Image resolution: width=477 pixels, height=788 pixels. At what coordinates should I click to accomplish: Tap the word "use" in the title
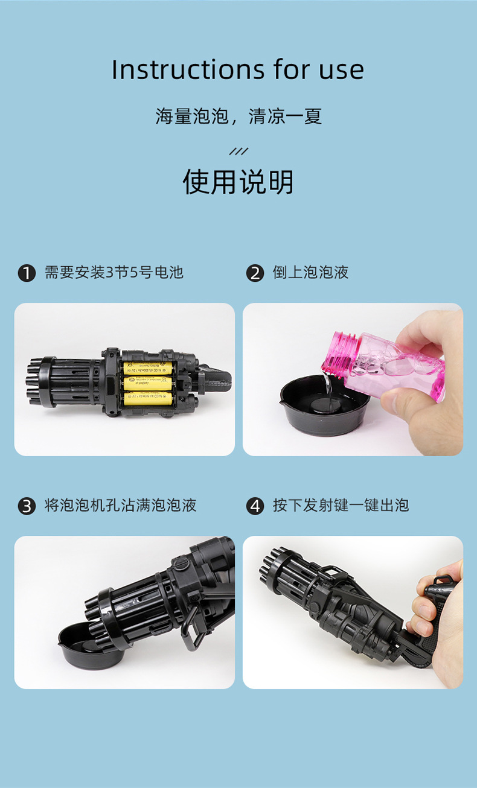(x=342, y=69)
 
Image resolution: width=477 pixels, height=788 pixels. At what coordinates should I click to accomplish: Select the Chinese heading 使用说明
(x=238, y=182)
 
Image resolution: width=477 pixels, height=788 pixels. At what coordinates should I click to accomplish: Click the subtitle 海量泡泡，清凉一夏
(x=238, y=116)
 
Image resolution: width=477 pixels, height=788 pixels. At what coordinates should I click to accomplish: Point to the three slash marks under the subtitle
(x=238, y=151)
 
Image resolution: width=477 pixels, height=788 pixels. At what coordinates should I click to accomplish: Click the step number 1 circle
(x=27, y=273)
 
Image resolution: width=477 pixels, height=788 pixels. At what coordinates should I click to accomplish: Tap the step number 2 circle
(x=255, y=273)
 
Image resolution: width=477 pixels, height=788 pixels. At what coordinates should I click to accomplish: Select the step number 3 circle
(x=27, y=506)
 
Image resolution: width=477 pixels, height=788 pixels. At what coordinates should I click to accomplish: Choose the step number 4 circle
(x=255, y=506)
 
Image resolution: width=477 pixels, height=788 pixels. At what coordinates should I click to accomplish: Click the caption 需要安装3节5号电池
(x=114, y=273)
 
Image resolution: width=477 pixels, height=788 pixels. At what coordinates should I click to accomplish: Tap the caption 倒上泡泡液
(x=310, y=273)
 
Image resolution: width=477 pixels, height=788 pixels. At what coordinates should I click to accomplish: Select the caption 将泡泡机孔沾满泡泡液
(x=120, y=506)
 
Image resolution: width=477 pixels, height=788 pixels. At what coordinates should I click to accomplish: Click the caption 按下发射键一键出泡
(x=341, y=506)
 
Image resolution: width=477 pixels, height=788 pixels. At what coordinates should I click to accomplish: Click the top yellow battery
(x=148, y=368)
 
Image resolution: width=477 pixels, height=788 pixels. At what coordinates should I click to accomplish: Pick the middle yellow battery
(x=148, y=383)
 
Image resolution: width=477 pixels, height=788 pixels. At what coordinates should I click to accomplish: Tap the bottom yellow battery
(x=148, y=398)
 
